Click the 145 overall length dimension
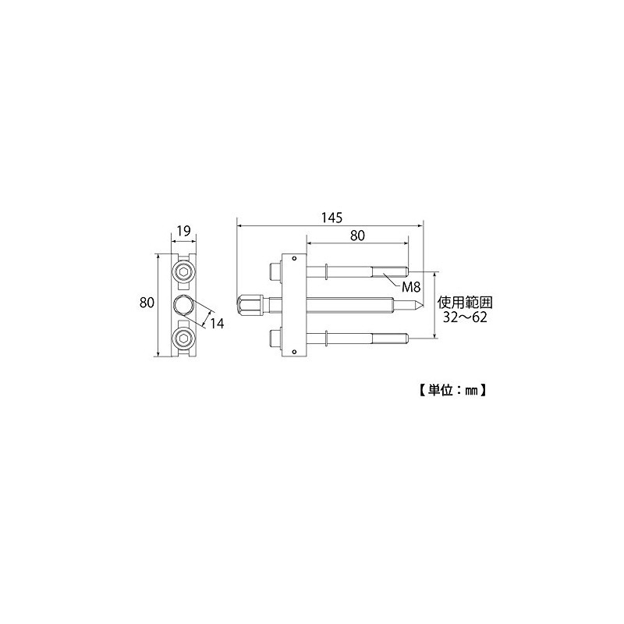(332, 218)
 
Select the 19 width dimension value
(183, 231)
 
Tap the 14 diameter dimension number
(217, 324)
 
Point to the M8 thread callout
(411, 286)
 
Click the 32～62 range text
(465, 317)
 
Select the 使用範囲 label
(465, 303)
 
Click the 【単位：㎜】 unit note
(452, 390)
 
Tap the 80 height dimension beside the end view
(147, 303)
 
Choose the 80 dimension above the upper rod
(357, 236)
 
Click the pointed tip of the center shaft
(420, 305)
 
